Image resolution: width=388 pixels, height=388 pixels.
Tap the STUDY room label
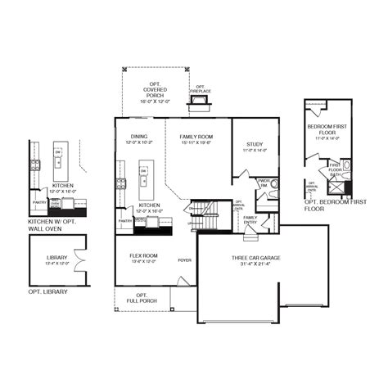point(254,145)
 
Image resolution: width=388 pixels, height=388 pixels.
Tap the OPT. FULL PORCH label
point(142,299)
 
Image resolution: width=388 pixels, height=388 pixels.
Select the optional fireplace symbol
point(199,102)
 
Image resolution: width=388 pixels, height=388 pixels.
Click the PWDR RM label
point(264,183)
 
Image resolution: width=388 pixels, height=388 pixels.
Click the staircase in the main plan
point(206,216)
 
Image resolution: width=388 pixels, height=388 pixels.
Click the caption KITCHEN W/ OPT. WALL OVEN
point(57,225)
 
